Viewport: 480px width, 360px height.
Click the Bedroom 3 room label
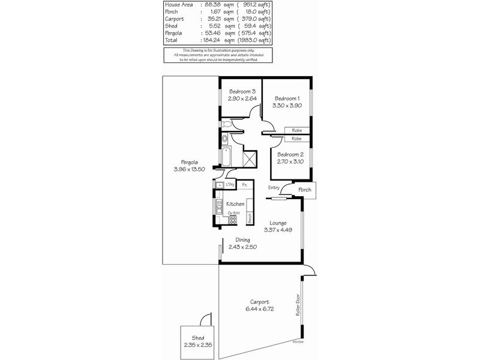242,92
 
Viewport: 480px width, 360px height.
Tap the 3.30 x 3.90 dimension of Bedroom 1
287,105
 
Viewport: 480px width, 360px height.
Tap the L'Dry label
230,185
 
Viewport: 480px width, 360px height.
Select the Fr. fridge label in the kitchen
245,185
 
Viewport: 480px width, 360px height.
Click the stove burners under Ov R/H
232,220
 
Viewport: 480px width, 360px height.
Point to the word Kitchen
235,205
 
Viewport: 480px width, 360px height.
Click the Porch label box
305,191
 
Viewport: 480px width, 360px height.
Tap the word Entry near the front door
274,188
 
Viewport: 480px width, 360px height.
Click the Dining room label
242,240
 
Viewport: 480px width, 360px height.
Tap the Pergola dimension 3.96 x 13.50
190,169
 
